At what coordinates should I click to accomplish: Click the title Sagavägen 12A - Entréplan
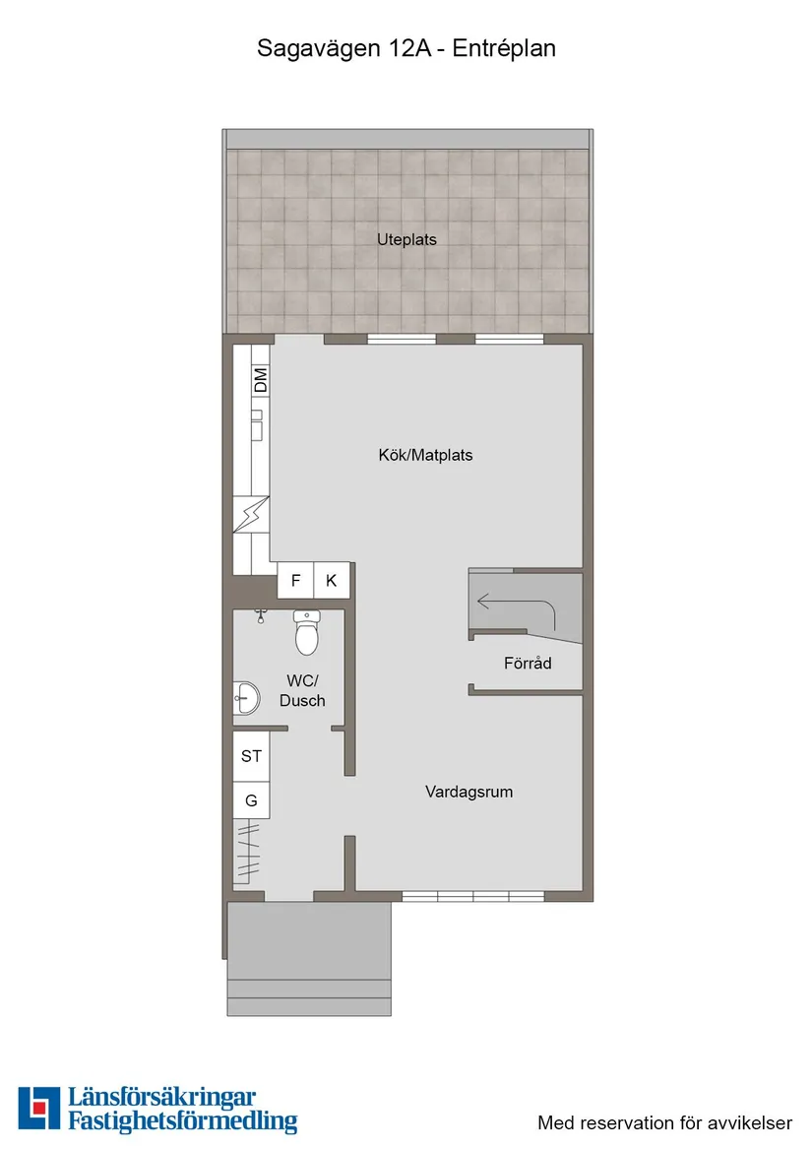406,47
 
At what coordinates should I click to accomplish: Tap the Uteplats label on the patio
406,239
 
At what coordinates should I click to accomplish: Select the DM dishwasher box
261,380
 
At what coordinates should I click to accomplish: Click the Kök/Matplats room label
425,455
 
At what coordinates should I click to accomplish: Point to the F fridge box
295,581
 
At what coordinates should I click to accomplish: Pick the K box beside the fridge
332,581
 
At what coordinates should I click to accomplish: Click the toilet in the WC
307,633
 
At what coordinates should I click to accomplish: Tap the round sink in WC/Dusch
245,699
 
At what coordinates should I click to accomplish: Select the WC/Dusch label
302,690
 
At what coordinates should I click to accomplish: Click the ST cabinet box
251,756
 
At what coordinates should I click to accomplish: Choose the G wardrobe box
251,800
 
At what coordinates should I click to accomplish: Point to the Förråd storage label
528,664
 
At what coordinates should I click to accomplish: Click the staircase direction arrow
512,602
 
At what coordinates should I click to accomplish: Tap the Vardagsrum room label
468,792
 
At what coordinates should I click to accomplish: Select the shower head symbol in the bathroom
261,616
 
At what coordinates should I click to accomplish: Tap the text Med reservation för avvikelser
664,1122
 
